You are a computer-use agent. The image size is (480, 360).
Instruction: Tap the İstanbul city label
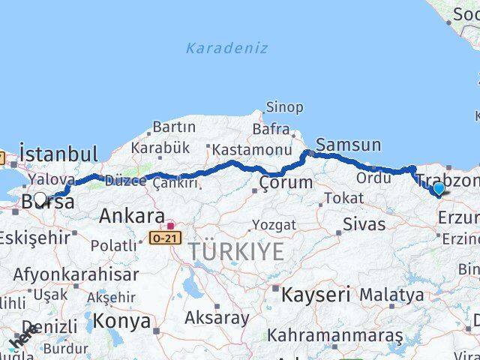click(58, 154)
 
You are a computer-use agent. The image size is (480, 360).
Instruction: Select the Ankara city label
click(131, 216)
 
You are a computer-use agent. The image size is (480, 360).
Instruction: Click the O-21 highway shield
click(165, 237)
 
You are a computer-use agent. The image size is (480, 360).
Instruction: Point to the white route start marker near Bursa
click(40, 199)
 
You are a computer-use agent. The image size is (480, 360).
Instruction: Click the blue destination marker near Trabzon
click(439, 189)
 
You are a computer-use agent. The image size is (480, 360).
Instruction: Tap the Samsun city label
click(349, 145)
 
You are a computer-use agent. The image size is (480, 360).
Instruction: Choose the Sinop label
click(285, 108)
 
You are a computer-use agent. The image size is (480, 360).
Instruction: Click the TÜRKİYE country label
click(236, 252)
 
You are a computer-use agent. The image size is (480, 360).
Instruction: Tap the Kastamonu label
click(251, 149)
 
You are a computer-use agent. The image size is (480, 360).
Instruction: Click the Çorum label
click(286, 182)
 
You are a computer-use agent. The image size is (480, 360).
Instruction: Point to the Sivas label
click(364, 223)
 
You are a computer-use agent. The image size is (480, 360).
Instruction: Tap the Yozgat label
click(274, 225)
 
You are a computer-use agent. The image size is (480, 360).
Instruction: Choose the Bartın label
click(174, 127)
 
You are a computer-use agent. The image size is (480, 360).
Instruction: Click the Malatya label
click(391, 295)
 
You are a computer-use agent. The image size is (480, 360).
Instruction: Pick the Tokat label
click(344, 198)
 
